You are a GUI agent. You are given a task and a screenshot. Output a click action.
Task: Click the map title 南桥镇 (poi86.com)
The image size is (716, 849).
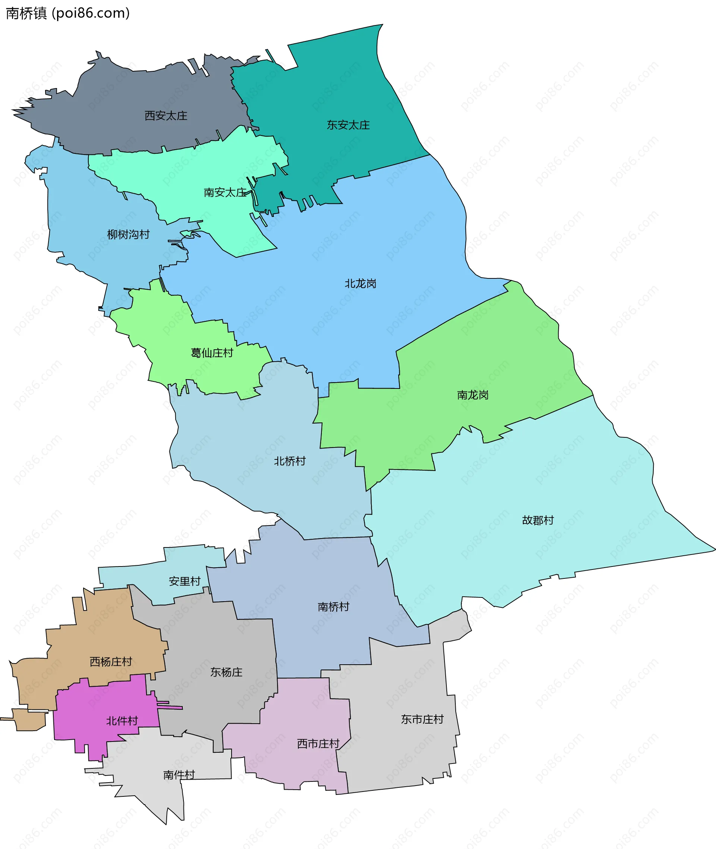point(68,13)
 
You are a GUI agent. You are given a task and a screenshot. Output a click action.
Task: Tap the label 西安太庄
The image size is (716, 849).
point(166,116)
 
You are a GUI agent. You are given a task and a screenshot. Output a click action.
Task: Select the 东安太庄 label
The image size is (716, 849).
point(348,125)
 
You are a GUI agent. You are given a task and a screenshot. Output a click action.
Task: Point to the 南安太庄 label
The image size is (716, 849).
point(225,192)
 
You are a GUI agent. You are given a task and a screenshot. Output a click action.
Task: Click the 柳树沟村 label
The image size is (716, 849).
point(128,234)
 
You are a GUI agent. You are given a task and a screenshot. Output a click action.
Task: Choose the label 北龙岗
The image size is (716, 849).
point(361,284)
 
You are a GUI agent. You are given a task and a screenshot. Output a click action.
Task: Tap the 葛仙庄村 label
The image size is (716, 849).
point(212,353)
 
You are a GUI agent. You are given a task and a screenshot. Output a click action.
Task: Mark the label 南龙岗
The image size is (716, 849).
point(472,395)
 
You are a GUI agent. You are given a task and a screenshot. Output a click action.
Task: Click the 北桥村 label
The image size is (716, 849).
point(289,461)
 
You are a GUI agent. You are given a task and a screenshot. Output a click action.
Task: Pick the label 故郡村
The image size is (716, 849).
point(538,520)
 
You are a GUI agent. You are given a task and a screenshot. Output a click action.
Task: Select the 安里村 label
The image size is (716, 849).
point(185,581)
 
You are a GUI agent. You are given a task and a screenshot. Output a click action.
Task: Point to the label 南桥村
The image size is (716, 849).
point(333,606)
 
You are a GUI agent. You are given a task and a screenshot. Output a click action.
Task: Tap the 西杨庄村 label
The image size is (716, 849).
point(111,662)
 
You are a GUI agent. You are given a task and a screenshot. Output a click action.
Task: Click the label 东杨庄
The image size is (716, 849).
point(226,672)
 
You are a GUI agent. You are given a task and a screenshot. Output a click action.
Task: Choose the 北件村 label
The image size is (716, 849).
point(122,721)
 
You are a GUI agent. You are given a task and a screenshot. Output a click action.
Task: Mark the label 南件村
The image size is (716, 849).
point(179,775)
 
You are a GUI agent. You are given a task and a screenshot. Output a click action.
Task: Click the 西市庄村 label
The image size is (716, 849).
point(318,744)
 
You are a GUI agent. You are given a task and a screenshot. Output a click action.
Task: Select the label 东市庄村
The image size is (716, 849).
point(422,720)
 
